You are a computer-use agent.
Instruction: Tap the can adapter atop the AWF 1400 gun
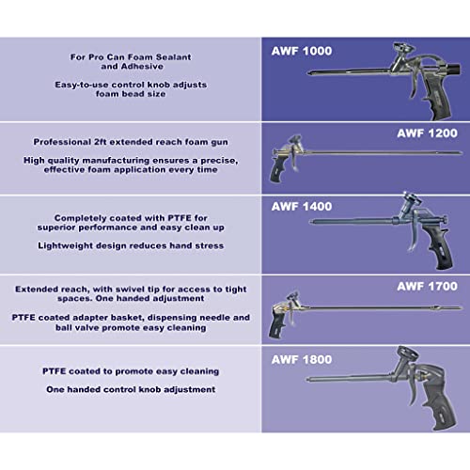(409, 203)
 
